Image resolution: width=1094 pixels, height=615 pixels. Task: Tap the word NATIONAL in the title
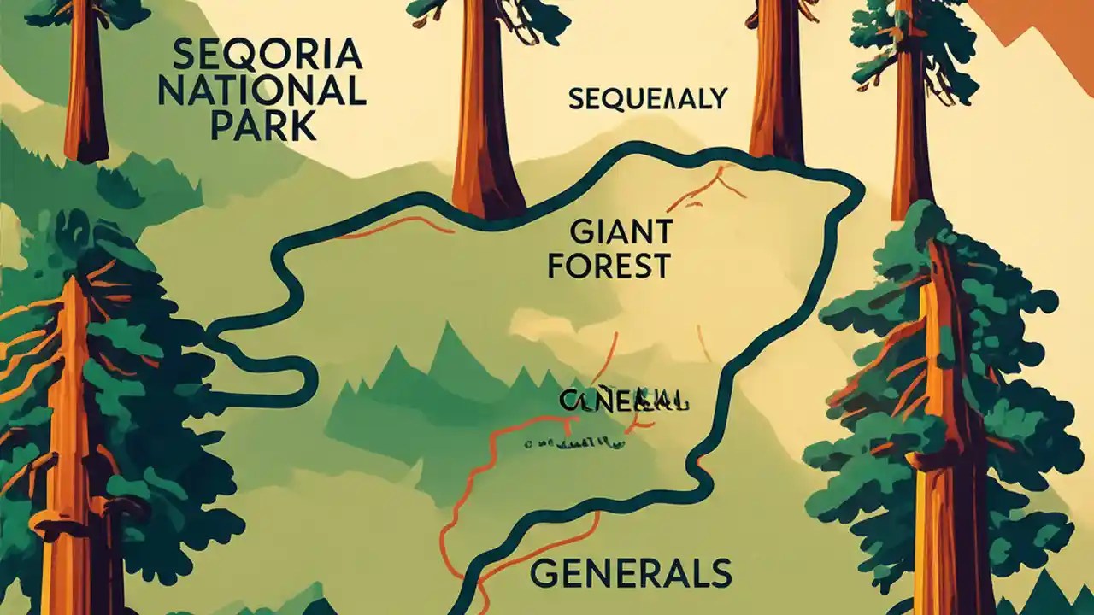click(x=262, y=91)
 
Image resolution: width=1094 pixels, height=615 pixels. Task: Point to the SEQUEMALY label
click(x=647, y=99)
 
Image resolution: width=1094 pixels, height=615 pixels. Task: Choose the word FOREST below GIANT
click(x=609, y=266)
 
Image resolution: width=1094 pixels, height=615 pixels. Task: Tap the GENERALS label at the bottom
click(x=630, y=573)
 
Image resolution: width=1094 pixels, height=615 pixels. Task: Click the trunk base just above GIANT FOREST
click(x=488, y=192)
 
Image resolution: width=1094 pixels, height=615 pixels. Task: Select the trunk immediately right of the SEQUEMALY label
click(x=777, y=85)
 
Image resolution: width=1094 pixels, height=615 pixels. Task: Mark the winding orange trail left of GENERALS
click(x=479, y=495)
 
